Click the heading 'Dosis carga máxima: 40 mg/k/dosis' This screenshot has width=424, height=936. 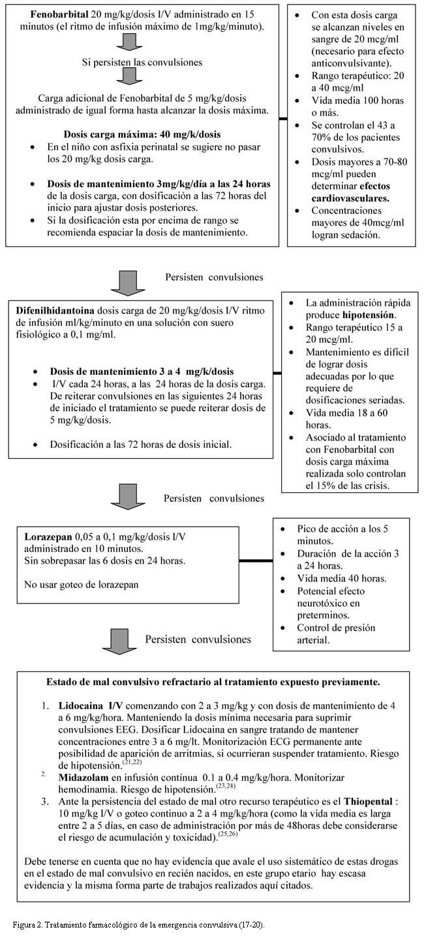tap(142, 134)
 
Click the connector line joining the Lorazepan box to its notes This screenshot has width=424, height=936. tap(254, 560)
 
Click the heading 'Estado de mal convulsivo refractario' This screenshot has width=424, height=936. tap(213, 682)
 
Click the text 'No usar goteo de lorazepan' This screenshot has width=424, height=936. tap(81, 585)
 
